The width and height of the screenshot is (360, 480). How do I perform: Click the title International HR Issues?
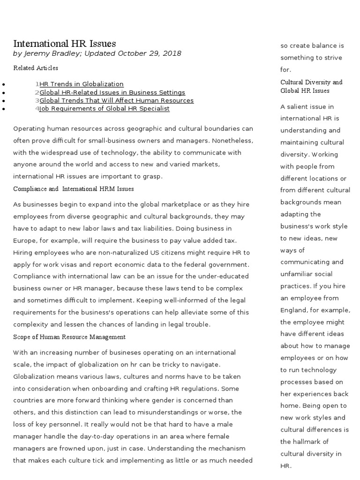(x=65, y=44)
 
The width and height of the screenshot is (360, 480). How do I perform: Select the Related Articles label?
(x=36, y=68)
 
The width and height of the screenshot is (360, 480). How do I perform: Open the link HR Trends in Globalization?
(x=82, y=84)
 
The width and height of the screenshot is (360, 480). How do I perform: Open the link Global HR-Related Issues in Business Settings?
(x=112, y=92)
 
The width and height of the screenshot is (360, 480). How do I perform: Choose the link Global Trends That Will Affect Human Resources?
(x=116, y=100)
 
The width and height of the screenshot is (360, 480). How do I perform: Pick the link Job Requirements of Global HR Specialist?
(x=105, y=108)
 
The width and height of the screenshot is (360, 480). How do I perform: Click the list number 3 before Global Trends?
(x=37, y=100)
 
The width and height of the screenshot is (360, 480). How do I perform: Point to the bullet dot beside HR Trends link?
(x=4, y=84)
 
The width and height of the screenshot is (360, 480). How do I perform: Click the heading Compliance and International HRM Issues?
(x=74, y=189)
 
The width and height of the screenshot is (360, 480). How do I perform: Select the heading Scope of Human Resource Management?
(x=69, y=337)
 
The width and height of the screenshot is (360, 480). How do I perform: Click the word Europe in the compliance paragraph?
(x=24, y=240)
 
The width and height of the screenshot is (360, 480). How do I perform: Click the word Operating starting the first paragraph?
(x=28, y=128)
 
